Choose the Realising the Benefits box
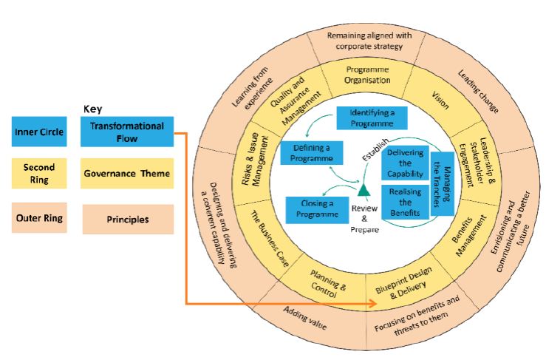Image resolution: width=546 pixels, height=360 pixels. point(405,201)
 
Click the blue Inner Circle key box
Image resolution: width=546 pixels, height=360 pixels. point(38,134)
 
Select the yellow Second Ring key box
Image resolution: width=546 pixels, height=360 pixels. point(38,173)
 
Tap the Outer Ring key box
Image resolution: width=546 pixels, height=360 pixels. point(38,218)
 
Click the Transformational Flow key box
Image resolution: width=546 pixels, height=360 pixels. point(126,132)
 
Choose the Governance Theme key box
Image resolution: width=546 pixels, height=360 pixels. point(126,174)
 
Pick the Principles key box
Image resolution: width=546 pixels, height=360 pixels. point(126,220)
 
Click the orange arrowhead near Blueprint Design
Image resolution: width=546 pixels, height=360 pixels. point(369,303)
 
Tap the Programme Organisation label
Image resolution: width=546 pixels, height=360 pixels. point(367,75)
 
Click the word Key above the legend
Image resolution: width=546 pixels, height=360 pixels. point(93,108)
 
